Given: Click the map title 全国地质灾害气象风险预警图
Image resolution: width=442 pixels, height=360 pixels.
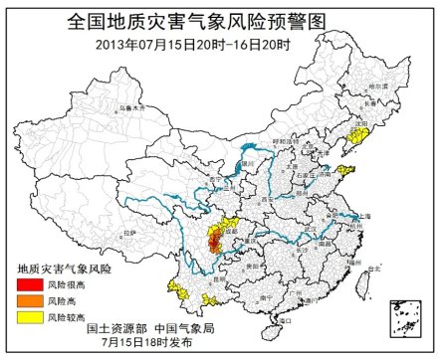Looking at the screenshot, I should coord(220,19).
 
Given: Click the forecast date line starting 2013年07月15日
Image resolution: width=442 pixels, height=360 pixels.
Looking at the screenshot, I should coord(220,43).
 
